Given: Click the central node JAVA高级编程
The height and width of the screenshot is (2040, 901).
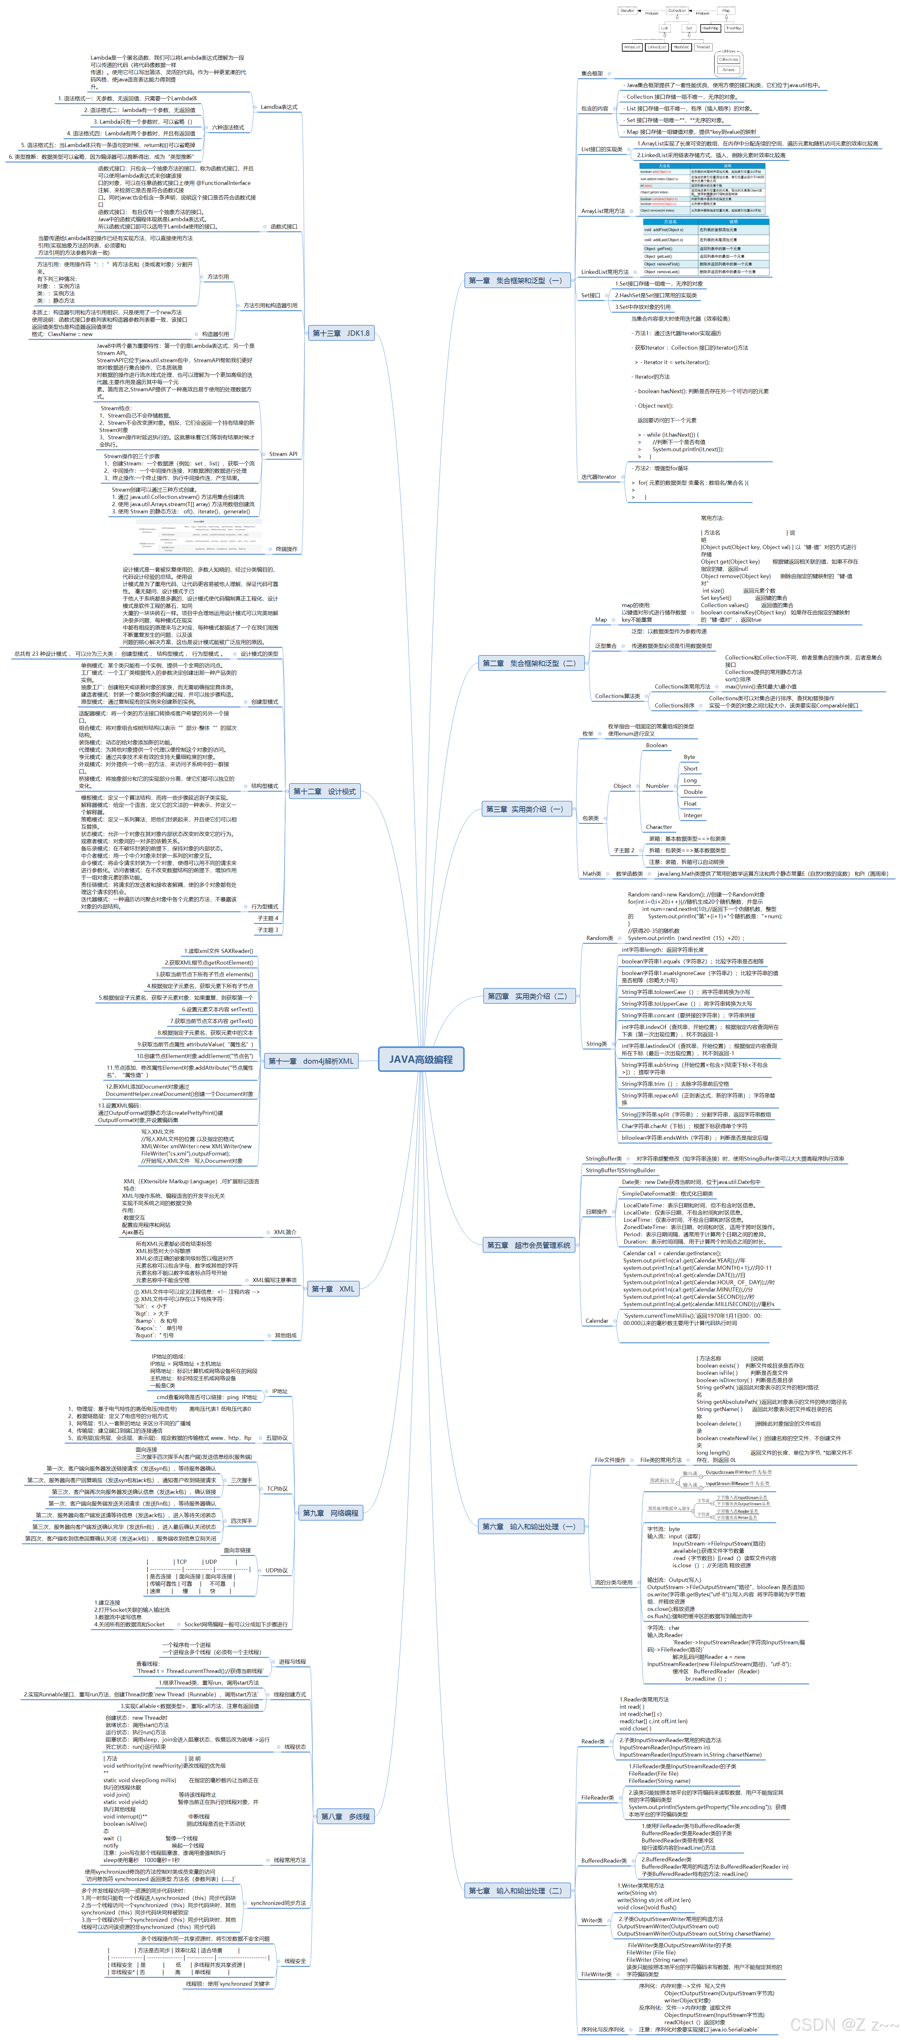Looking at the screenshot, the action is click(x=421, y=1059).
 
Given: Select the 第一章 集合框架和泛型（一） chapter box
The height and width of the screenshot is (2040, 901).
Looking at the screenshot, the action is click(x=515, y=280).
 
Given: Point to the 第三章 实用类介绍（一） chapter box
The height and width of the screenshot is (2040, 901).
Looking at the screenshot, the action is click(x=524, y=808).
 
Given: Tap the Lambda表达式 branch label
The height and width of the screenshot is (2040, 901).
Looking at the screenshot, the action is click(x=279, y=107).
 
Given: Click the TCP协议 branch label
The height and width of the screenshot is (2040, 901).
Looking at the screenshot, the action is click(x=277, y=1488).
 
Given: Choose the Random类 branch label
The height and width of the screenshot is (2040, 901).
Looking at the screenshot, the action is click(x=599, y=937).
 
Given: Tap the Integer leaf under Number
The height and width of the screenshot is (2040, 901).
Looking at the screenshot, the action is click(x=693, y=815).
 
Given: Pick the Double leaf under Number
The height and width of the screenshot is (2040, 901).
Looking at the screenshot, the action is click(x=693, y=792).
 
